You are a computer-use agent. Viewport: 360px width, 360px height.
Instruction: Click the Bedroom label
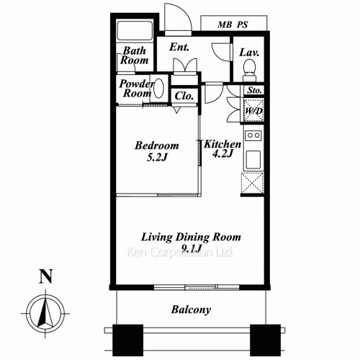[157, 145]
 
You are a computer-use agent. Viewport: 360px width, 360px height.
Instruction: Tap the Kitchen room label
[222, 145]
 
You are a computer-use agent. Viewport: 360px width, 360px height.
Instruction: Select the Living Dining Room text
[190, 237]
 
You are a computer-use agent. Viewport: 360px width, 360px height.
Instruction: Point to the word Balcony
[191, 310]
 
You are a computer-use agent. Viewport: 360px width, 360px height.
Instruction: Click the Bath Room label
[135, 55]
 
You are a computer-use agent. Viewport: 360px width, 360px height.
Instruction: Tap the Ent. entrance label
[179, 48]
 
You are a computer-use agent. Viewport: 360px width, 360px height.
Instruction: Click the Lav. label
[250, 53]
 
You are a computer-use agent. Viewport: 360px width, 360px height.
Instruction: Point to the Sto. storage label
[253, 91]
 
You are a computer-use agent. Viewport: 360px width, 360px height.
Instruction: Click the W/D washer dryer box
[253, 111]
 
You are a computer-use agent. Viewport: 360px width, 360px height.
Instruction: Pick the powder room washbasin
[159, 88]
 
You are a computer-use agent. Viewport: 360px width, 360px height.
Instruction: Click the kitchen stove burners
[253, 135]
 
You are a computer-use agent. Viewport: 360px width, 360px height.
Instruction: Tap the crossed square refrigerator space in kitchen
[253, 183]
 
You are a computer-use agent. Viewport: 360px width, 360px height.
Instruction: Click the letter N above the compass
[45, 276]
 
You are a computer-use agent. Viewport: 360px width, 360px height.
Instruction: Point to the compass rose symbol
[44, 312]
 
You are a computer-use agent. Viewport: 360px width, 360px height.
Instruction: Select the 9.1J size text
[190, 250]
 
